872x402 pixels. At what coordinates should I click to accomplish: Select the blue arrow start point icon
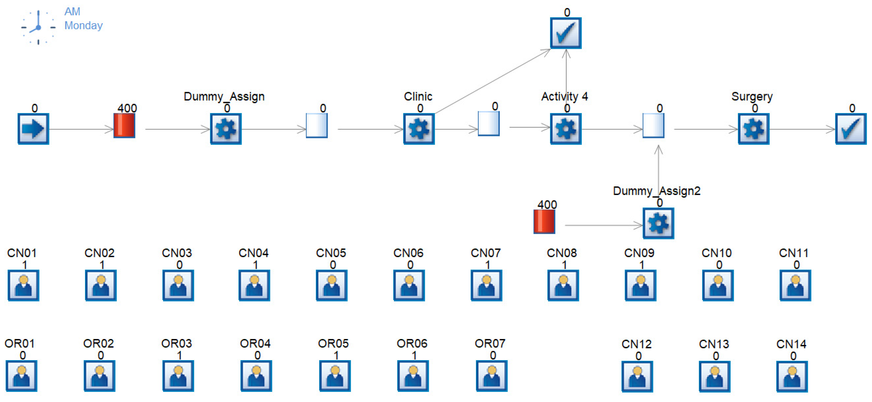(33, 129)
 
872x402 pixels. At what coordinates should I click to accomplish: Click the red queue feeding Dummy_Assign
(124, 125)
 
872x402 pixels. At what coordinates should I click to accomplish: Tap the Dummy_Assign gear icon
(226, 129)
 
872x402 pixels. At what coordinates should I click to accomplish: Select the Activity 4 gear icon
(566, 129)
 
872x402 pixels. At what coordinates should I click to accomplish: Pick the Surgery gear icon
(753, 129)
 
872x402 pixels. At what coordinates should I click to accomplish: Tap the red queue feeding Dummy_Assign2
(544, 222)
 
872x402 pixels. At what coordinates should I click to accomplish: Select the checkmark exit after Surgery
(851, 129)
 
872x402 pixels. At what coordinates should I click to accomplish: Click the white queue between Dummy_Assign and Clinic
(316, 125)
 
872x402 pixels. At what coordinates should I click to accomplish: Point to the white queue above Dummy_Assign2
(653, 125)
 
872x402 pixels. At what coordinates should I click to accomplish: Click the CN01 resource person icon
(23, 285)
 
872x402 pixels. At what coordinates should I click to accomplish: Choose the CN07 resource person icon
(486, 285)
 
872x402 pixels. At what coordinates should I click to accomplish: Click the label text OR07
(490, 343)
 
